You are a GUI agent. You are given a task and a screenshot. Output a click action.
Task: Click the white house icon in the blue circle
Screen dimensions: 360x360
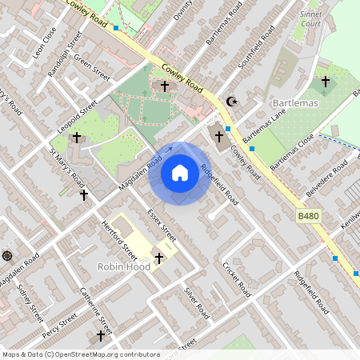tap(180, 172)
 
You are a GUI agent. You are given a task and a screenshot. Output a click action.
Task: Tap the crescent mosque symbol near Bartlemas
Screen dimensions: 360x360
tap(233, 102)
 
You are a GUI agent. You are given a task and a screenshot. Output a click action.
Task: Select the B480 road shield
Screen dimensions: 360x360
tap(308, 217)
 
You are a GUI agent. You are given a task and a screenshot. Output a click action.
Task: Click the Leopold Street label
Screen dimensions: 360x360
tap(76, 118)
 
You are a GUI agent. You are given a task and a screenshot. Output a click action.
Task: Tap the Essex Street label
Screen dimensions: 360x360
tap(162, 226)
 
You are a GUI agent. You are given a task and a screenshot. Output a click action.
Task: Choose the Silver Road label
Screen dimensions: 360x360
tap(196, 302)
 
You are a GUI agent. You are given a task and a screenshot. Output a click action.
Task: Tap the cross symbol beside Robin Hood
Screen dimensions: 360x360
tap(159, 258)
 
